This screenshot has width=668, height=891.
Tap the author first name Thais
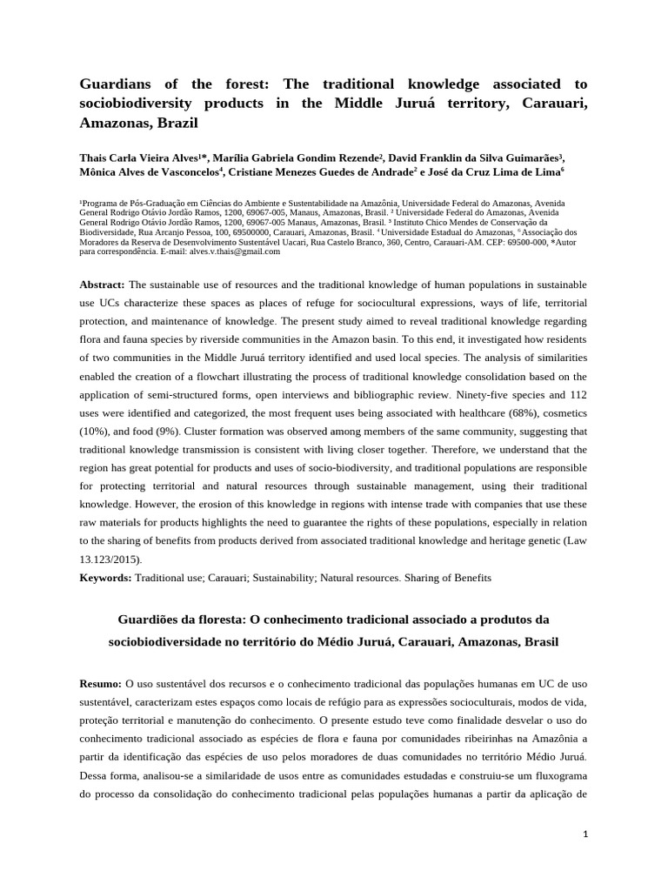[96, 157]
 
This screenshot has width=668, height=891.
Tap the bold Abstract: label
[103, 285]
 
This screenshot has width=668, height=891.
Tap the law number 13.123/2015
[109, 559]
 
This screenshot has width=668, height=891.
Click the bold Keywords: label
[105, 577]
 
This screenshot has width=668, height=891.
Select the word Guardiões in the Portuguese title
[150, 620]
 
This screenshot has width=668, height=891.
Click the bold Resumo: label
[101, 684]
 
